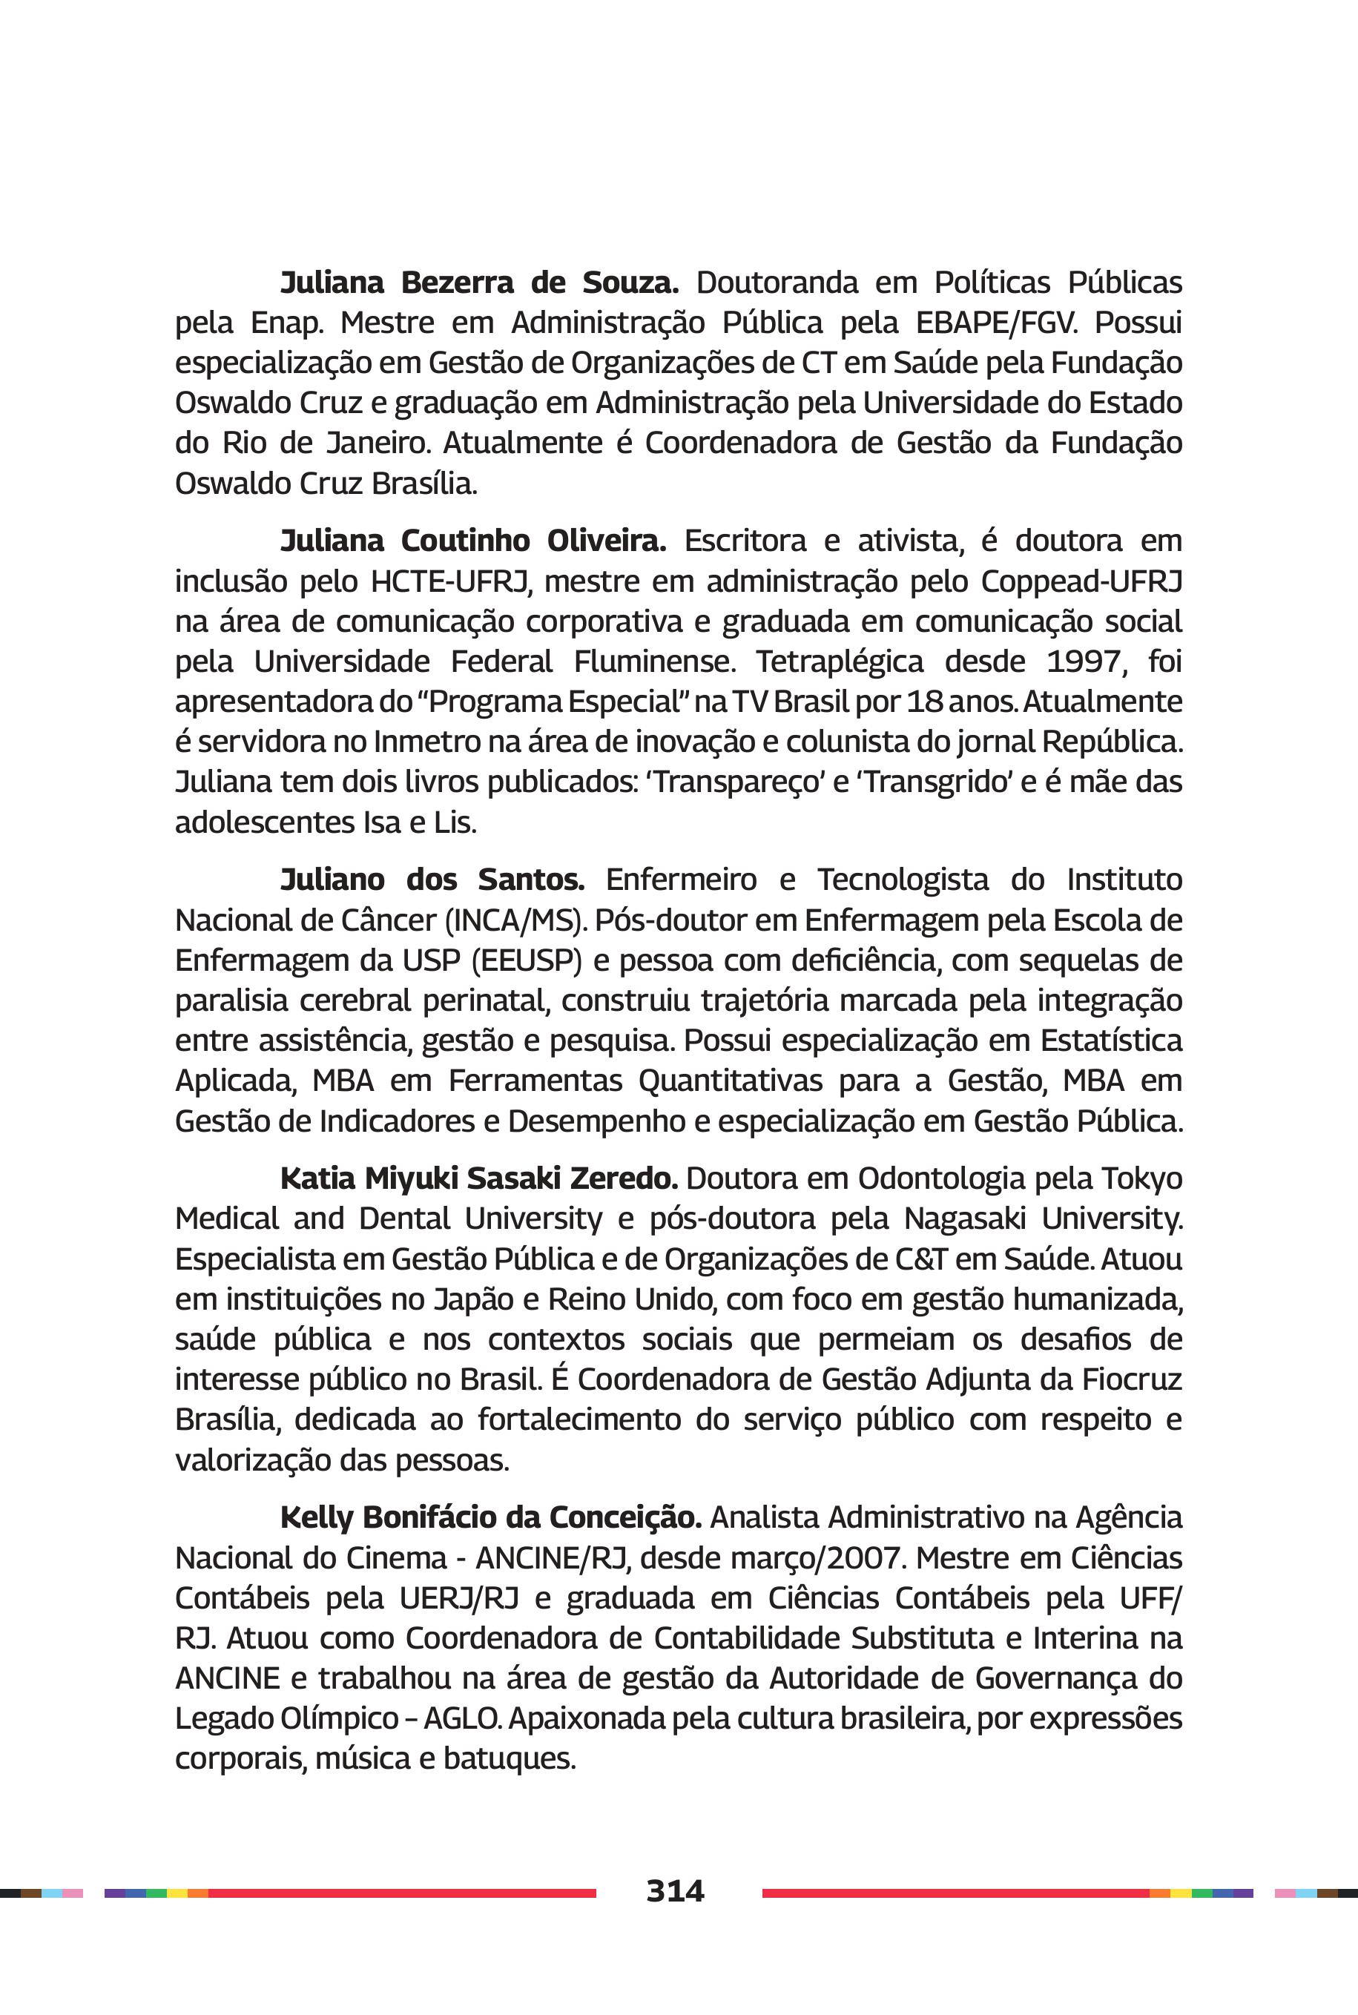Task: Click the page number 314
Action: pyautogui.click(x=675, y=1890)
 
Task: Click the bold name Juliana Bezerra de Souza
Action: pyautogui.click(x=479, y=283)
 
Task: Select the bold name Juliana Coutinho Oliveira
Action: pyautogui.click(x=473, y=541)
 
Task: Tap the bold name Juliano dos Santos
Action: pyautogui.click(x=432, y=879)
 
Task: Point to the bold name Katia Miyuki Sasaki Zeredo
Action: pyautogui.click(x=479, y=1178)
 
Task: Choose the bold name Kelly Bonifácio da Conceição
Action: pyautogui.click(x=490, y=1517)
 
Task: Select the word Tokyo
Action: pyautogui.click(x=1141, y=1178)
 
